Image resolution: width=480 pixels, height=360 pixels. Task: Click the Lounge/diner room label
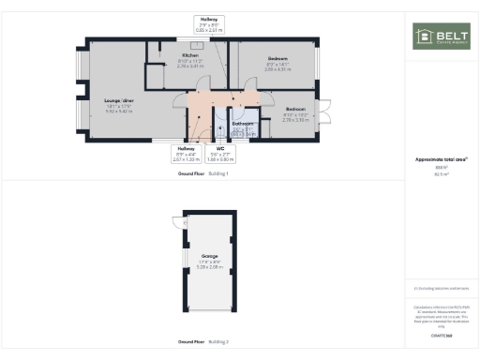117,98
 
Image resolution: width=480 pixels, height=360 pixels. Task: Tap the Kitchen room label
190,56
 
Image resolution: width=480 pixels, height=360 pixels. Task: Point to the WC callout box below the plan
220,153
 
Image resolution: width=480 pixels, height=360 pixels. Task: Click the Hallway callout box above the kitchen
208,25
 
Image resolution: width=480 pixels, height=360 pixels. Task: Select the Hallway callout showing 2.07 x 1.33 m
186,153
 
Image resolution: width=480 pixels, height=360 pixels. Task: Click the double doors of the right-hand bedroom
326,112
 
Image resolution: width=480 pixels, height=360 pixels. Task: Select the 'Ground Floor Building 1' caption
202,174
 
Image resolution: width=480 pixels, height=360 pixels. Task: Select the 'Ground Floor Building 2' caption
202,342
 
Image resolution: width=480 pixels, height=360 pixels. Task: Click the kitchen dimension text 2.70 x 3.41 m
190,67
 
